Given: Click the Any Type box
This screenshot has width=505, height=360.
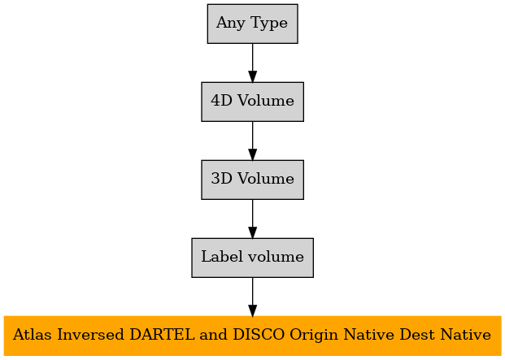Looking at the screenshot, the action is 252,24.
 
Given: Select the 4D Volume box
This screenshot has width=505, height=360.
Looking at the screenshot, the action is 252,102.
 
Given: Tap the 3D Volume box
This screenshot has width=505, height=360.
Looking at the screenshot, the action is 252,180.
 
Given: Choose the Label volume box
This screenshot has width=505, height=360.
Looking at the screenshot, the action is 252,258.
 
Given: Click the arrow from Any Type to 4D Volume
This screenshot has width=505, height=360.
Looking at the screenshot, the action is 252,63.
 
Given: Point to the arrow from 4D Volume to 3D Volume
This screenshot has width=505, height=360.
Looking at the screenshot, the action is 252,141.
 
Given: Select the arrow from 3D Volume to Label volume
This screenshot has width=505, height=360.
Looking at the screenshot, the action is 252,219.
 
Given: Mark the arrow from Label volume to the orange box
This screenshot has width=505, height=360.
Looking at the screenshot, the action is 252,297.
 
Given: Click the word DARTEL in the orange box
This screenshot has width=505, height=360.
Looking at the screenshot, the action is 162,335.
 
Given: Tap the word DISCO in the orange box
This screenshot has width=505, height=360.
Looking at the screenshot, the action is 259,335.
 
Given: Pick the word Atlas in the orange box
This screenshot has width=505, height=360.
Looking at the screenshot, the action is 33,335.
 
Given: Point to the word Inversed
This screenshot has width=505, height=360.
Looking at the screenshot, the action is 90,335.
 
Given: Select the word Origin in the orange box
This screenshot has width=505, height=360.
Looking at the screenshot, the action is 314,336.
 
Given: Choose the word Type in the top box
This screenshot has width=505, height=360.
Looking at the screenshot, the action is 268,24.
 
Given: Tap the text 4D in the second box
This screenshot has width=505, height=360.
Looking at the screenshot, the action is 221,101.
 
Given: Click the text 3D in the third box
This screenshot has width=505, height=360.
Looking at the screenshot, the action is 221,179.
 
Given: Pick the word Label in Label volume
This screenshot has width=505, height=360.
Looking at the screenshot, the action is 222,257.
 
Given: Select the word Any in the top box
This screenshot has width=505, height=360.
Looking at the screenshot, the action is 230,24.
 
